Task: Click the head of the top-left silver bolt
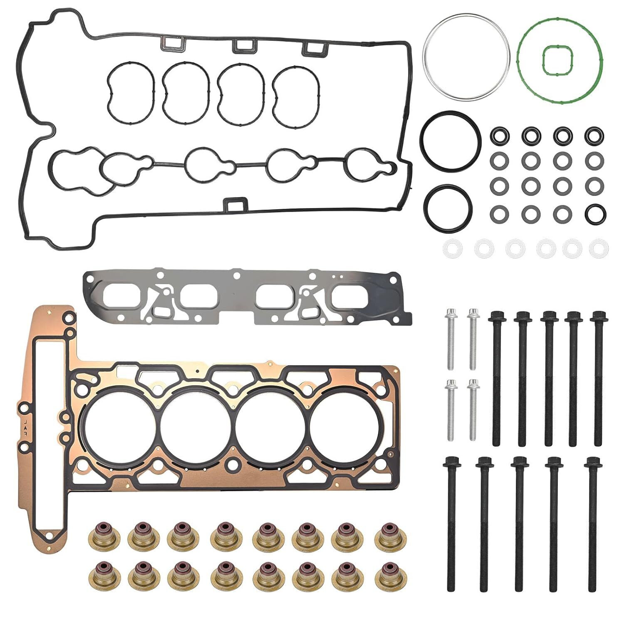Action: pos(450,312)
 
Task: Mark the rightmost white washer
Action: pos(599,249)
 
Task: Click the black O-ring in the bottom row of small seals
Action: pos(595,213)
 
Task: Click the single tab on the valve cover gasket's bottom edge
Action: pos(235,204)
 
